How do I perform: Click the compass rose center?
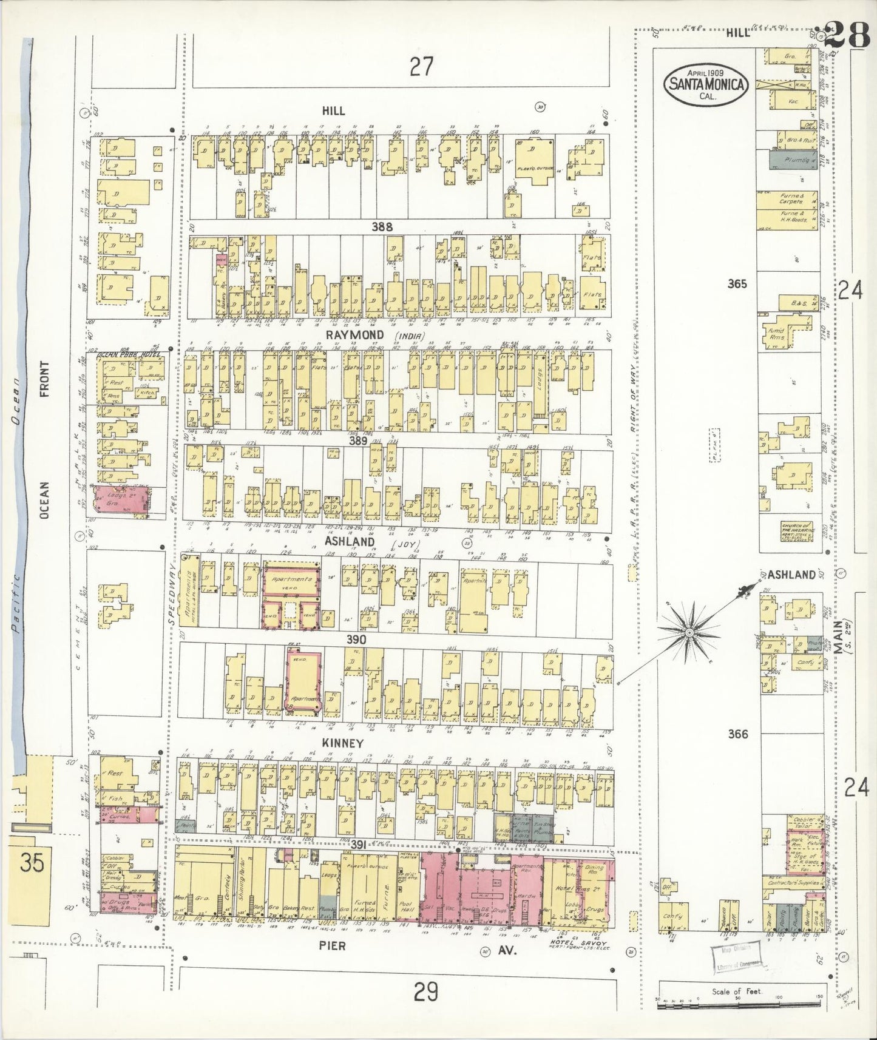click(689, 633)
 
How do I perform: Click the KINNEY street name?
click(344, 743)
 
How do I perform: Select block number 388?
click(382, 226)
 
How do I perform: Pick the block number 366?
click(739, 734)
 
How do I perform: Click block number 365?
click(738, 283)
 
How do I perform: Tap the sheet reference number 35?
click(31, 863)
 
